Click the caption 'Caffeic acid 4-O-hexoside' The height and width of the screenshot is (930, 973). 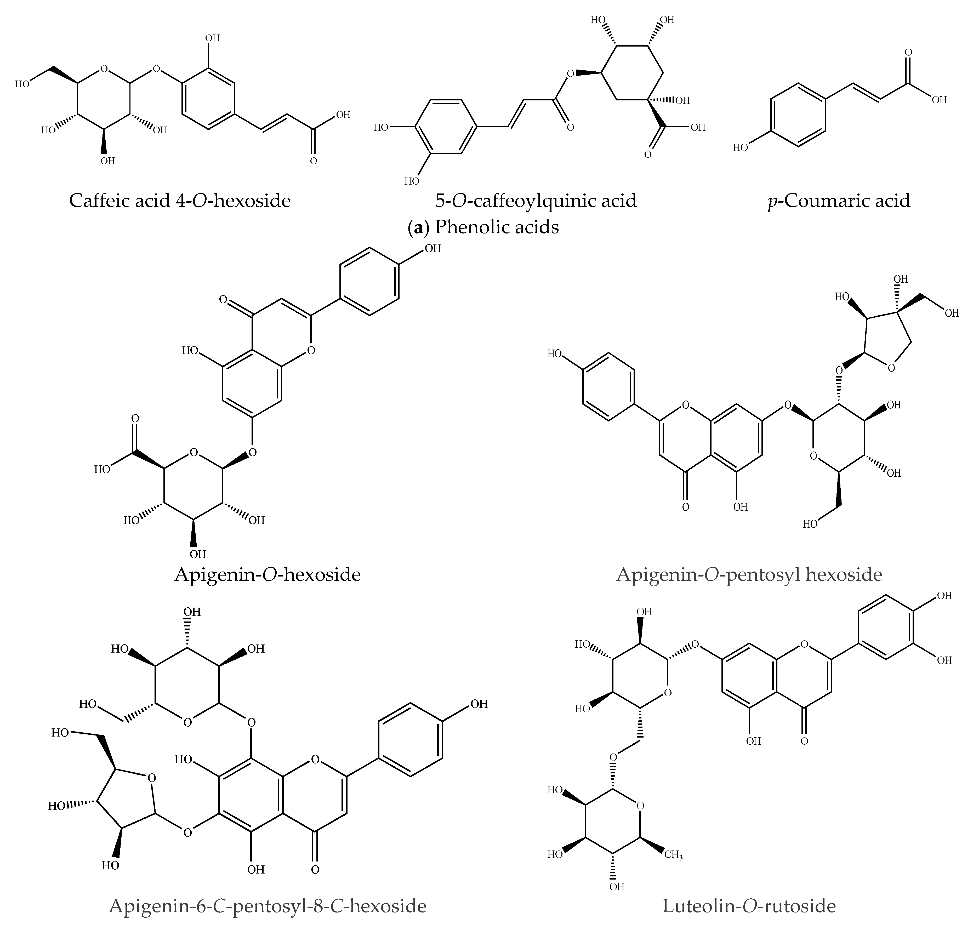point(179,201)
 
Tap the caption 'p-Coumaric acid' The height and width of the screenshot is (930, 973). point(839,201)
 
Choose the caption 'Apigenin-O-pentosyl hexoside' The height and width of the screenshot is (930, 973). point(749,575)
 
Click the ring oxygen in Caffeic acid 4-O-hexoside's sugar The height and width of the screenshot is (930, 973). point(104,69)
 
